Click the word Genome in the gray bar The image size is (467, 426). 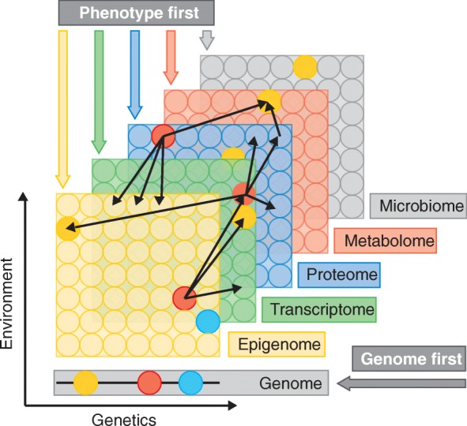[x=290, y=384]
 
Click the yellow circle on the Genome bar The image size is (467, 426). [x=85, y=383]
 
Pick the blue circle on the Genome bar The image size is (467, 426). [x=191, y=383]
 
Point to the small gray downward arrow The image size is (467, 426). [x=207, y=39]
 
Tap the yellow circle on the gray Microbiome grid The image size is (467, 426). [x=305, y=66]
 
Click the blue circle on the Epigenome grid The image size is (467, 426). [x=207, y=321]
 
